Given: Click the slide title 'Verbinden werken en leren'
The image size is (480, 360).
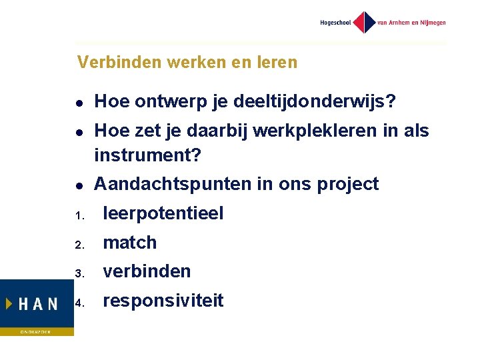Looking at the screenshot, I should pos(187,63).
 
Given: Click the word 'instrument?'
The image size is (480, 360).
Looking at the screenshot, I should pos(147,155).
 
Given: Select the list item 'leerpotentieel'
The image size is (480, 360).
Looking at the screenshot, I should pos(163,213).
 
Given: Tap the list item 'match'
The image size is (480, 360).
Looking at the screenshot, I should pos(130,243).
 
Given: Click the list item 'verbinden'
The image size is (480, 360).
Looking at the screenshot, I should pos(147,271).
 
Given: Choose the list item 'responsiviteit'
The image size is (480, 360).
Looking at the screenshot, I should pos(163,301).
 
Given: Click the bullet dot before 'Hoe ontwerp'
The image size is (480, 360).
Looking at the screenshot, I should pos(79,103).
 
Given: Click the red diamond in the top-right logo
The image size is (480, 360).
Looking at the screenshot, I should pos(364,22).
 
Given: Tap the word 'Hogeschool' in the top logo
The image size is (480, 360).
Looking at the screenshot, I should pos(335,23).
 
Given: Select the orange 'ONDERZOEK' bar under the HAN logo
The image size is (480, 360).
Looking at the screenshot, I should pos(37,331).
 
